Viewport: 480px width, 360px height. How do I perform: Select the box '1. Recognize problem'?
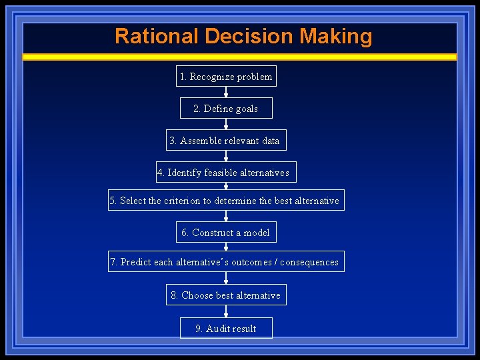[226, 77]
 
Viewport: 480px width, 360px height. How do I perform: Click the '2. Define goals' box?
[226, 109]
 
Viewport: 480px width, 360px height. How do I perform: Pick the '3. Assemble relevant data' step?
[226, 141]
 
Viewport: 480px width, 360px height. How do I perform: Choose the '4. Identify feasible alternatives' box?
[226, 173]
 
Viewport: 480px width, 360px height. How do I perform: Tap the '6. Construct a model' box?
[226, 233]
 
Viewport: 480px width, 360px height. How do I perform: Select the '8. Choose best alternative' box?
[226, 295]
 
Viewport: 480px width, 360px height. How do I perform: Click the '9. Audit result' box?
[226, 329]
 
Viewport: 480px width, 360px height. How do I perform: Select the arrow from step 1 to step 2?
[226, 93]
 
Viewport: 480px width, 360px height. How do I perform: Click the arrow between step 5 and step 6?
[226, 216]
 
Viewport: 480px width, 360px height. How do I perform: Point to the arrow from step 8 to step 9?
[226, 312]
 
